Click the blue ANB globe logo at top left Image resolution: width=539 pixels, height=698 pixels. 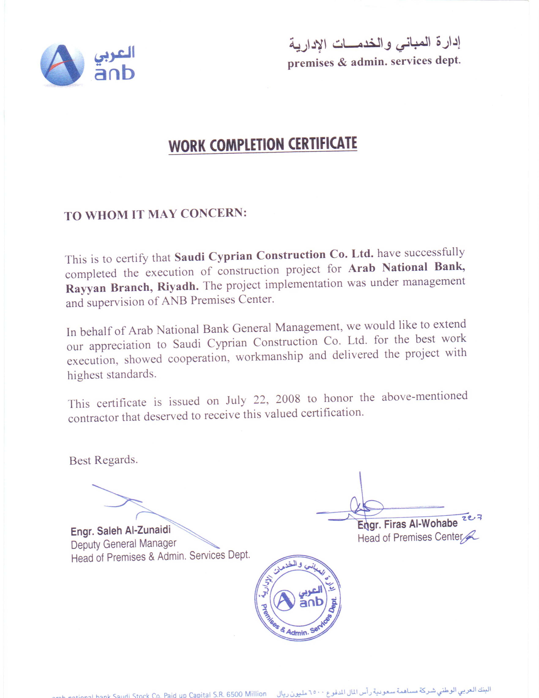62,65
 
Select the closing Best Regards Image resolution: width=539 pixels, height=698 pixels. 103,460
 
